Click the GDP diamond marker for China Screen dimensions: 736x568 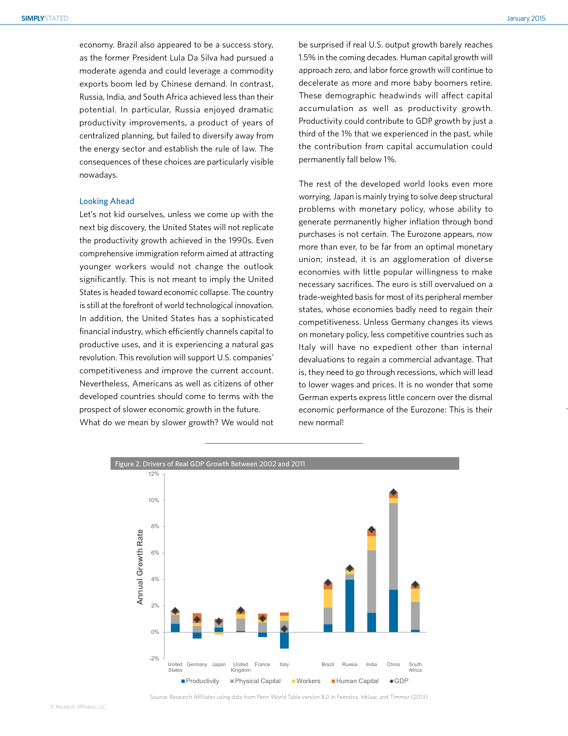[393, 492]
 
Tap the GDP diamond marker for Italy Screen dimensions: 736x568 [284, 629]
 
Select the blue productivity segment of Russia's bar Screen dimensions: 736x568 [349, 606]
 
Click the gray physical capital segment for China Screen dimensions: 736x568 [393, 546]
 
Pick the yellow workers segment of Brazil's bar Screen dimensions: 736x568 [328, 598]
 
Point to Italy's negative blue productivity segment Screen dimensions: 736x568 [284, 640]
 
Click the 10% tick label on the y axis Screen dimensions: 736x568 [154, 500]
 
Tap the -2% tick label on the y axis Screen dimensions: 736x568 [154, 658]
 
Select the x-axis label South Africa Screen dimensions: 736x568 [415, 667]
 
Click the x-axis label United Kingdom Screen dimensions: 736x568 [241, 667]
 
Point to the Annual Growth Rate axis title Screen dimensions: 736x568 [140, 567]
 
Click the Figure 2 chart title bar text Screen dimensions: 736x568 [210, 464]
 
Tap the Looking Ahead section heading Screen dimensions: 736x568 [107, 201]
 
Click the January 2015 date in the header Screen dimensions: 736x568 [526, 18]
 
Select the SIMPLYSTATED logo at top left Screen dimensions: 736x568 [45, 18]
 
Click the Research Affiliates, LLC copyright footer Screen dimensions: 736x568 [78, 707]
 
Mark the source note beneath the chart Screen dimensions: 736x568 [289, 697]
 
